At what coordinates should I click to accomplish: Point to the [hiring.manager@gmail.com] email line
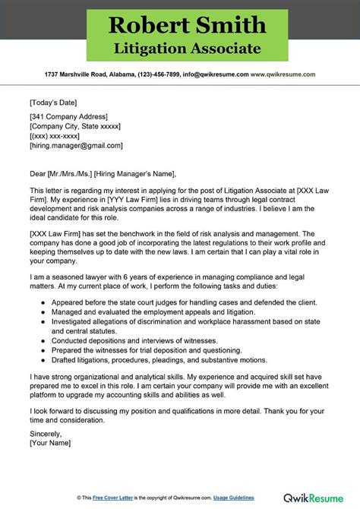pos(76,145)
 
